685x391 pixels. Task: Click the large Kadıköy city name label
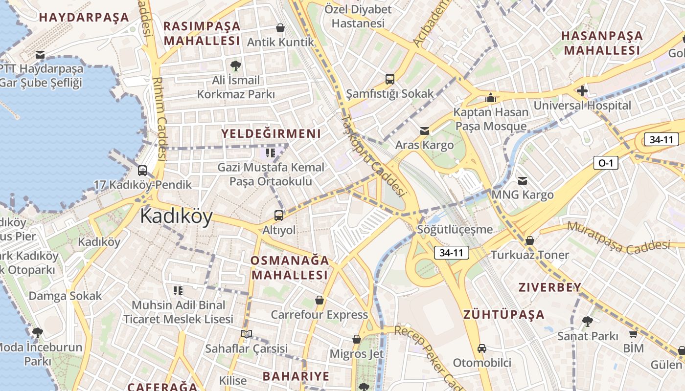click(176, 217)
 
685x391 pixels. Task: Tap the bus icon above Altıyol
click(278, 215)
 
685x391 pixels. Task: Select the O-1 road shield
click(606, 163)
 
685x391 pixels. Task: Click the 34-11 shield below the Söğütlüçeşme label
click(451, 253)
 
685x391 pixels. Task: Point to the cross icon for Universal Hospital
click(582, 91)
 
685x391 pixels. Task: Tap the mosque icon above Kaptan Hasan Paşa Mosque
click(491, 98)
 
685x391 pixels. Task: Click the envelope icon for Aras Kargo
click(424, 131)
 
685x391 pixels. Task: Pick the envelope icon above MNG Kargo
click(523, 181)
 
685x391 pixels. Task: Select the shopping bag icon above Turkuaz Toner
click(529, 240)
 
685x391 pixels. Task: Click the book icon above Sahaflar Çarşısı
click(247, 334)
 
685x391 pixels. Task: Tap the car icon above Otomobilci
click(482, 348)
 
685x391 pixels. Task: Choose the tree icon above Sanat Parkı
click(587, 322)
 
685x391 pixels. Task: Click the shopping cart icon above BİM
click(633, 334)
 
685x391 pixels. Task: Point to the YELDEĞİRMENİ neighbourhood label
click(271, 133)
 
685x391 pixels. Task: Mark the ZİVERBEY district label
click(550, 287)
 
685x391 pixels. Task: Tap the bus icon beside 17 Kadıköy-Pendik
click(142, 171)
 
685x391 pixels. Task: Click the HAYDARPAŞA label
click(84, 18)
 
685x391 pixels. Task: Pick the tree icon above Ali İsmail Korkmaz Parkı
click(235, 65)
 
